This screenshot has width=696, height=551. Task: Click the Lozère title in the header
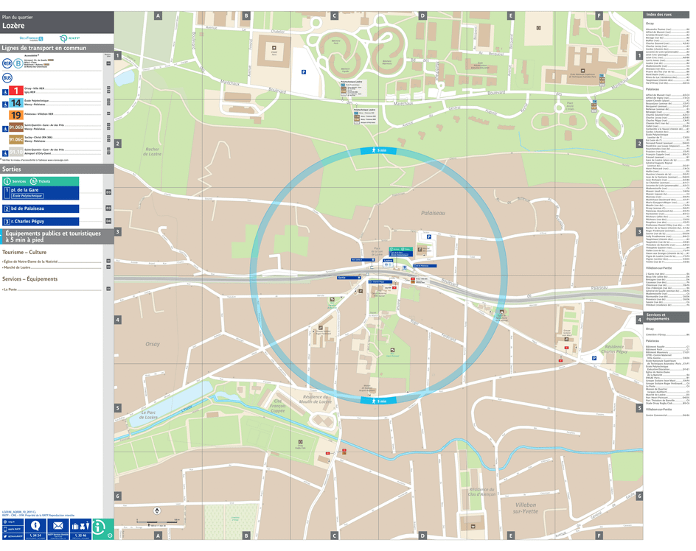click(13, 24)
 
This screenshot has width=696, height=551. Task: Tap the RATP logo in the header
click(64, 38)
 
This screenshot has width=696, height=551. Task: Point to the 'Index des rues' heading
click(658, 15)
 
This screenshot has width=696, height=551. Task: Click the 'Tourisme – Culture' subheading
click(24, 252)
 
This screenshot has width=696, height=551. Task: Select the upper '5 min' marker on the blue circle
click(377, 150)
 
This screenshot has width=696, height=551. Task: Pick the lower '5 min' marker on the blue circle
click(377, 401)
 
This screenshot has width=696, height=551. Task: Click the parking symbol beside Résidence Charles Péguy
click(594, 359)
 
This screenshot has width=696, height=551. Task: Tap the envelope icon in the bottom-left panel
click(57, 526)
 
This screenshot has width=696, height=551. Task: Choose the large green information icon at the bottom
click(102, 528)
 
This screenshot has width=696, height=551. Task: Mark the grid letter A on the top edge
click(158, 15)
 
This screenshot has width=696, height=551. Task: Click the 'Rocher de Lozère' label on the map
click(153, 151)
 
